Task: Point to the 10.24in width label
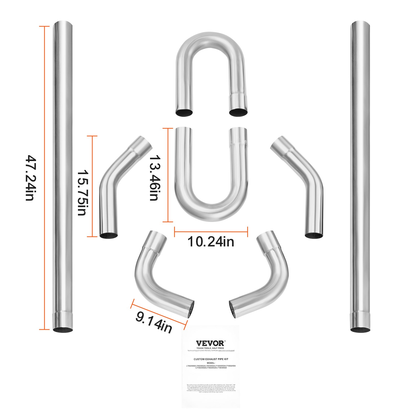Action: click(x=211, y=242)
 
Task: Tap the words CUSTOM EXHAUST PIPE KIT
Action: click(x=211, y=359)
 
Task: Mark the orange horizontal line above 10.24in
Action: click(x=211, y=232)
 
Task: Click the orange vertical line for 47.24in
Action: click(x=44, y=178)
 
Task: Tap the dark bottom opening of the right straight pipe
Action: click(x=360, y=330)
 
